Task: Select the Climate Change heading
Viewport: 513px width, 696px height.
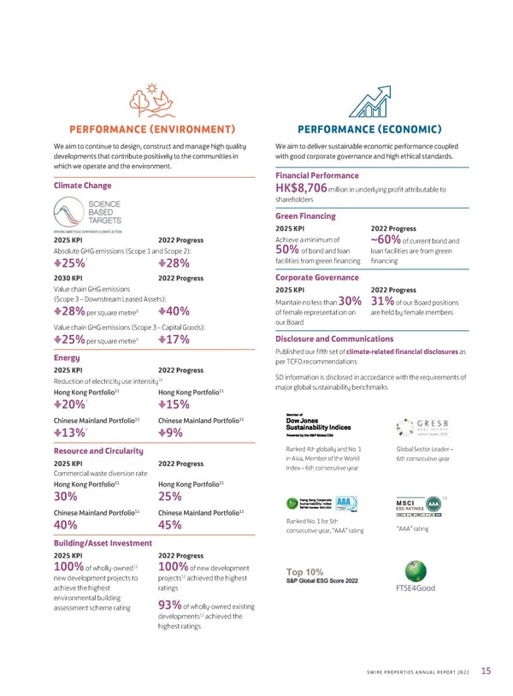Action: (x=84, y=185)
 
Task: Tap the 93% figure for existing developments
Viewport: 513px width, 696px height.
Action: (x=170, y=606)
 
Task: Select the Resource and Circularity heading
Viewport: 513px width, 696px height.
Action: (x=98, y=450)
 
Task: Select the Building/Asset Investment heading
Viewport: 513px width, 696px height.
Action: (x=103, y=542)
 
